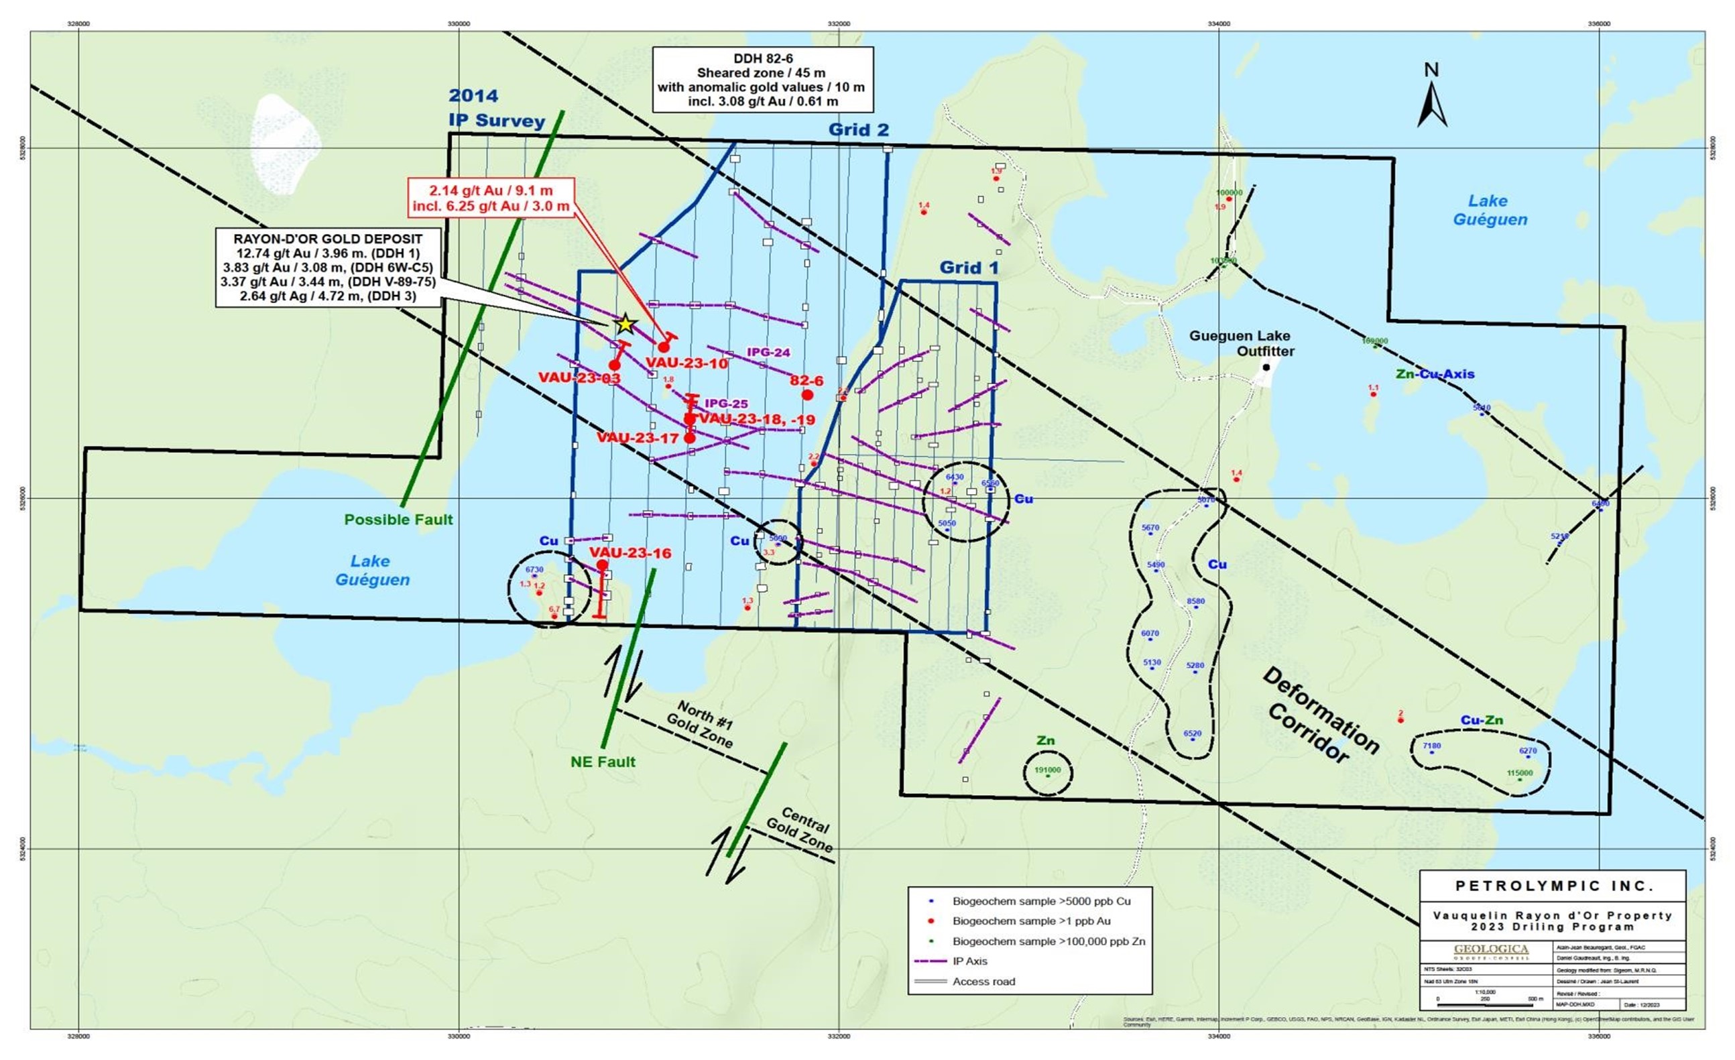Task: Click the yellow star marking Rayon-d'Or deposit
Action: [625, 324]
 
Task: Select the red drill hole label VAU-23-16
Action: [630, 553]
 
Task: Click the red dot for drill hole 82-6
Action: [807, 394]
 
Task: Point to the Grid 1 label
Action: [969, 268]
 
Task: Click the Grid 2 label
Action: [858, 129]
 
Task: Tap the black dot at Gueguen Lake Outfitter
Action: [1266, 367]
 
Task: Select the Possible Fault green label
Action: [398, 520]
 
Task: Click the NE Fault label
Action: [603, 762]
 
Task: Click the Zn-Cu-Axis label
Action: [1435, 375]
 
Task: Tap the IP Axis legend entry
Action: [969, 961]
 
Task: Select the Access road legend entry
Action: [983, 981]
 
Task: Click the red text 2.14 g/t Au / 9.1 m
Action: [491, 191]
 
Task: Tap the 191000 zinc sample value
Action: [1047, 770]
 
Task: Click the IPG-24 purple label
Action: [768, 352]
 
